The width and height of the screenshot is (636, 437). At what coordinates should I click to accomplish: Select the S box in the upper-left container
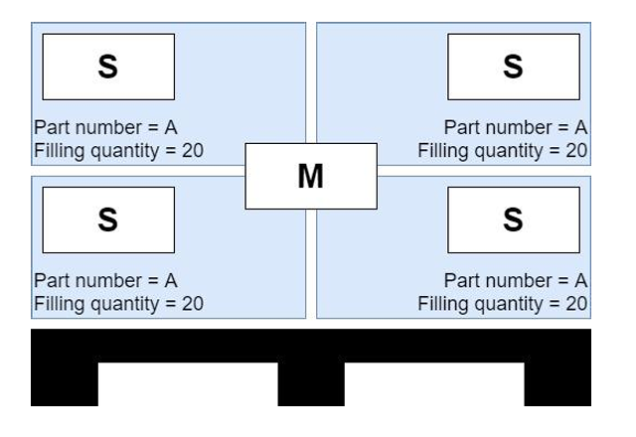click(x=107, y=67)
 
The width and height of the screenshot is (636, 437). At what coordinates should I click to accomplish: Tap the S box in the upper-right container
click(x=513, y=67)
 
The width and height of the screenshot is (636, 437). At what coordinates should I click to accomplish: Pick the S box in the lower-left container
click(x=107, y=219)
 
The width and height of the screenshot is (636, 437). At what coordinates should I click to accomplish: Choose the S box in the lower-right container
click(x=513, y=219)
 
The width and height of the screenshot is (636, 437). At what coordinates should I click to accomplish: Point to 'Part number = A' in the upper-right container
click(x=516, y=128)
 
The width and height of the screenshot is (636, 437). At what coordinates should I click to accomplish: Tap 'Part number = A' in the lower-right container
click(x=516, y=281)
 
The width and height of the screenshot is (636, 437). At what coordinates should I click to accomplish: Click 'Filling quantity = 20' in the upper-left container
click(x=118, y=151)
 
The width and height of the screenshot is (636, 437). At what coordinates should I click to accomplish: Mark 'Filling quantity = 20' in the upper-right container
click(x=503, y=151)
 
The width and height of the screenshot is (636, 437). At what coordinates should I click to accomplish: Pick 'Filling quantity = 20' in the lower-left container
click(x=118, y=304)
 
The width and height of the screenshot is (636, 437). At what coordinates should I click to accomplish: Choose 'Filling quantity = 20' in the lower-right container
click(x=503, y=304)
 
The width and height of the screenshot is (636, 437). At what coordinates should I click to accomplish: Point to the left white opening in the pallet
click(x=188, y=384)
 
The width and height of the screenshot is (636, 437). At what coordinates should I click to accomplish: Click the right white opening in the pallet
click(x=434, y=384)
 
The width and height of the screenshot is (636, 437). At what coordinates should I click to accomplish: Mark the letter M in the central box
click(x=311, y=176)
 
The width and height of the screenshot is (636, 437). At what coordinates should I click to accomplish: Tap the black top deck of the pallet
click(x=311, y=345)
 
